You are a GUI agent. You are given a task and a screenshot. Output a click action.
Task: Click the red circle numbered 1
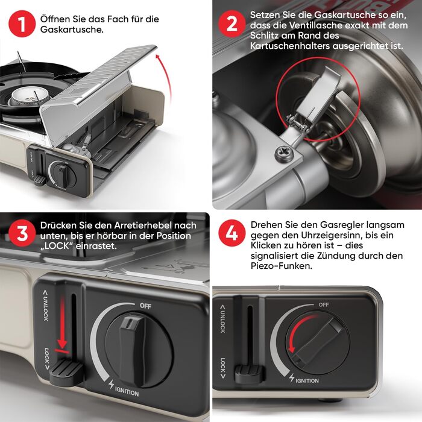(x=22, y=24)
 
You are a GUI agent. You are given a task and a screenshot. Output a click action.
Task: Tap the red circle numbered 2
(x=231, y=24)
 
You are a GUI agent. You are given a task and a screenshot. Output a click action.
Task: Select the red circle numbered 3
(x=22, y=233)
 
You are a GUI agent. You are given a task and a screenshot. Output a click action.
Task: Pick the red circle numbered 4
(x=231, y=233)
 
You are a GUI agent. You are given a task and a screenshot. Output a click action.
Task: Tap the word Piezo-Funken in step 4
(x=282, y=266)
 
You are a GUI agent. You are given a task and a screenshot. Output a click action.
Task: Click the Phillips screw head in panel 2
(x=285, y=154)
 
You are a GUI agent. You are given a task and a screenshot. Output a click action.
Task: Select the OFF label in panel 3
(x=146, y=306)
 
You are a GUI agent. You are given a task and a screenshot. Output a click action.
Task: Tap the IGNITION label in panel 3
(x=127, y=391)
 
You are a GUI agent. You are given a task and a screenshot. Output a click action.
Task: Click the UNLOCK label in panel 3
(x=45, y=305)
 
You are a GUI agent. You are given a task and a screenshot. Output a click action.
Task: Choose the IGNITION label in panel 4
(x=307, y=380)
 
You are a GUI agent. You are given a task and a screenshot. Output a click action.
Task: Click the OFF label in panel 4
(x=324, y=304)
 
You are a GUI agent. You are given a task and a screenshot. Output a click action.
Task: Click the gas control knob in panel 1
(x=63, y=175)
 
